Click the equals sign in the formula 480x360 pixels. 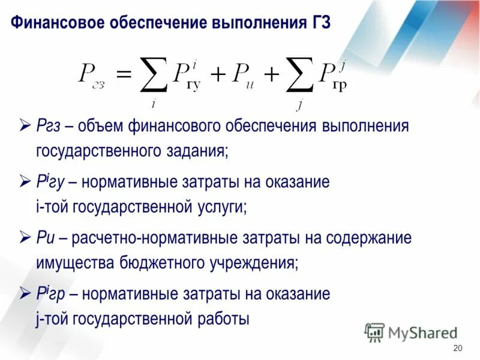pyautogui.click(x=122, y=74)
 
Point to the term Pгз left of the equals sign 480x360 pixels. pyautogui.click(x=92, y=76)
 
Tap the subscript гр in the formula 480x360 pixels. pyautogui.click(x=339, y=85)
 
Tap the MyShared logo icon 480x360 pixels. pyautogui.click(x=374, y=332)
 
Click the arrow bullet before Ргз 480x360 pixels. pyautogui.click(x=25, y=126)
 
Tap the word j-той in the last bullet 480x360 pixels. pyautogui.click(x=53, y=319)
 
